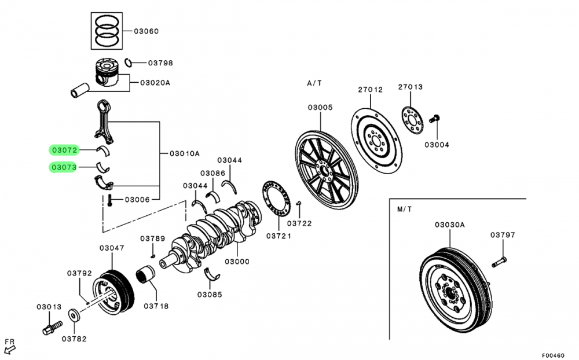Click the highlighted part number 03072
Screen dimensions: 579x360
click(x=65, y=150)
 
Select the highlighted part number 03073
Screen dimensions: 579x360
click(x=64, y=167)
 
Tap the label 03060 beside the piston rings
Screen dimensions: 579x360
click(x=146, y=31)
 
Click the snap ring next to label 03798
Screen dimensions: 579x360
click(x=128, y=63)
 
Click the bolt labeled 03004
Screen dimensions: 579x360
click(x=434, y=119)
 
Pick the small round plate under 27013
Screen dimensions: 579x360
click(x=412, y=120)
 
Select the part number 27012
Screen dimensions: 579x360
click(x=371, y=89)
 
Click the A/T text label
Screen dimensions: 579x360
click(x=314, y=83)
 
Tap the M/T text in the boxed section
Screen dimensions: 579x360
click(x=404, y=210)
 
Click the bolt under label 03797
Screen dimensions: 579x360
click(x=499, y=262)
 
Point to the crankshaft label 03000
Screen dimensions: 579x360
click(x=237, y=262)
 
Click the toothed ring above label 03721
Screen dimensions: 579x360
click(x=276, y=199)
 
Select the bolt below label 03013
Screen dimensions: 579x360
click(x=52, y=328)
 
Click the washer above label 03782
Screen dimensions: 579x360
click(x=74, y=316)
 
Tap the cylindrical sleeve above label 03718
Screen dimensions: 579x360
click(x=145, y=275)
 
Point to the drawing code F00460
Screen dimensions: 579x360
click(x=553, y=355)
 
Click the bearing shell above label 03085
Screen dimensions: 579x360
click(x=211, y=274)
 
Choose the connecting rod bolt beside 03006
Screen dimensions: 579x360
click(x=109, y=200)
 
